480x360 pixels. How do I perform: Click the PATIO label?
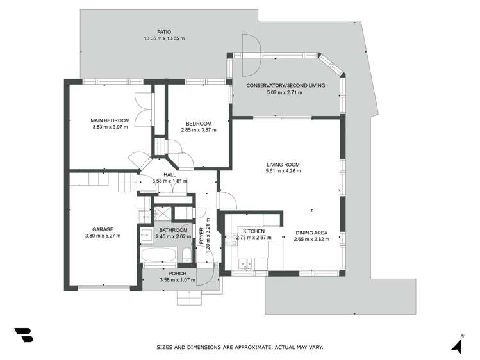pyautogui.click(x=164, y=31)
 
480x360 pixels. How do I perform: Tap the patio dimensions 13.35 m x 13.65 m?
pyautogui.click(x=164, y=38)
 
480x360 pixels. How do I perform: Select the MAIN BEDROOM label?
pyautogui.click(x=110, y=120)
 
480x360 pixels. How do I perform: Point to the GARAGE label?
pyautogui.click(x=103, y=229)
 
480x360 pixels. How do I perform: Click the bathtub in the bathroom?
pyautogui.click(x=158, y=256)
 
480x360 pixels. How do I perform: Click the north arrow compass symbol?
pyautogui.click(x=457, y=345)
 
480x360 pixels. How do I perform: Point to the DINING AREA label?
pyautogui.click(x=311, y=233)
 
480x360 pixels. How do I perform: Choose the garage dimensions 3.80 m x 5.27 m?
pyautogui.click(x=103, y=236)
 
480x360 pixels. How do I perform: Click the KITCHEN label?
pyautogui.click(x=254, y=231)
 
